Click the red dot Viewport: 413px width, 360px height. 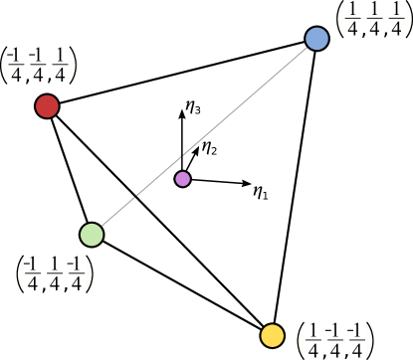pos(47,106)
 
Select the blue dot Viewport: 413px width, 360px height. pos(316,39)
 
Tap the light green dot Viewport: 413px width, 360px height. pos(92,235)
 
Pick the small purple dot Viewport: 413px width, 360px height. pos(182,179)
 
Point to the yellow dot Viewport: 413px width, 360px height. pos(272,336)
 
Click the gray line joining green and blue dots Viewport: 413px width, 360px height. pos(204,137)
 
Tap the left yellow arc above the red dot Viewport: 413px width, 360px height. pos(5,66)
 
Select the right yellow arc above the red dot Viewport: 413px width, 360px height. pos(72,66)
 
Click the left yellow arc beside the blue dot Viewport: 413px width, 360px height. pos(341,19)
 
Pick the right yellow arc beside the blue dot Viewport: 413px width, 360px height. pos(408,19)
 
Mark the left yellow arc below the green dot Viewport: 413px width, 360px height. pos(21,273)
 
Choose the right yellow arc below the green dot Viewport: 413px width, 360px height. pos(89,273)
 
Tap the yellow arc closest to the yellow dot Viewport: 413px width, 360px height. pos(302,340)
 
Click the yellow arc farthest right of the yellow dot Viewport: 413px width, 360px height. pos(369,340)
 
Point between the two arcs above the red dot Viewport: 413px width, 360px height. pos(38,66)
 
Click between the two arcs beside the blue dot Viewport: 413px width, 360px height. pos(374,19)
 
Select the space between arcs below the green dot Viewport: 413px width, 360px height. pos(55,273)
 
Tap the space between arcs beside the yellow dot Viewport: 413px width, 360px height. pos(335,340)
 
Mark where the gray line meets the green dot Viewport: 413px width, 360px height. pos(100,228)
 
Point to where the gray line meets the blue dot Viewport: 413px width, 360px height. pos(309,46)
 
